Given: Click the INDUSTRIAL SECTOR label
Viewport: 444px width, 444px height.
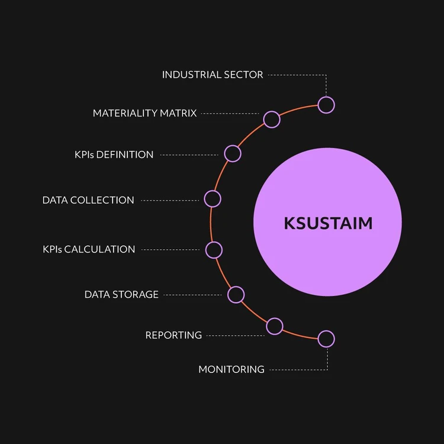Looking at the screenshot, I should (213, 75).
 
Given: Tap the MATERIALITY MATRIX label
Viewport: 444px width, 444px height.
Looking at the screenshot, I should (144, 113).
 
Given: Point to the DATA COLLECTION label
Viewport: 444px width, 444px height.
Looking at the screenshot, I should (88, 200).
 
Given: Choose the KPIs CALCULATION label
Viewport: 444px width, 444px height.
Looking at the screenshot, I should (89, 249).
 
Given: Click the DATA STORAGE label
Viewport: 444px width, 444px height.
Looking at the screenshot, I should (121, 294).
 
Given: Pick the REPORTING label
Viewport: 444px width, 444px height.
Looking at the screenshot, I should (173, 335).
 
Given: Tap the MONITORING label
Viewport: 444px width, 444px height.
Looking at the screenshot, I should (231, 369).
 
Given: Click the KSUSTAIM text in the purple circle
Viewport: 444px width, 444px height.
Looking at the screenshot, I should (328, 223).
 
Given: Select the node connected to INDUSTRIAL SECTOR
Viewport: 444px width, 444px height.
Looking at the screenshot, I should (326, 105).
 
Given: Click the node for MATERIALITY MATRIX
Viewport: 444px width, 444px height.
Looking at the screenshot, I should (271, 120).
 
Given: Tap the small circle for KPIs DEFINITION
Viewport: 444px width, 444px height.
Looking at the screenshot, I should (233, 154).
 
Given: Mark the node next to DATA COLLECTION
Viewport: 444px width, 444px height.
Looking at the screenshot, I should (213, 198).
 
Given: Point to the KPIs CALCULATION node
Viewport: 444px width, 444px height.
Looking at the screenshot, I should (214, 250).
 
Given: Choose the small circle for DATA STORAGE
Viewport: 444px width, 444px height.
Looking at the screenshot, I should (236, 294).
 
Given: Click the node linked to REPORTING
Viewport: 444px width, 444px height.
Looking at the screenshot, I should (275, 326).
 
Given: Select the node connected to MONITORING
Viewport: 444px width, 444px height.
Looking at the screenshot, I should (326, 339).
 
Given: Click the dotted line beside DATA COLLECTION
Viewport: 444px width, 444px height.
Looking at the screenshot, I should (170, 201).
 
